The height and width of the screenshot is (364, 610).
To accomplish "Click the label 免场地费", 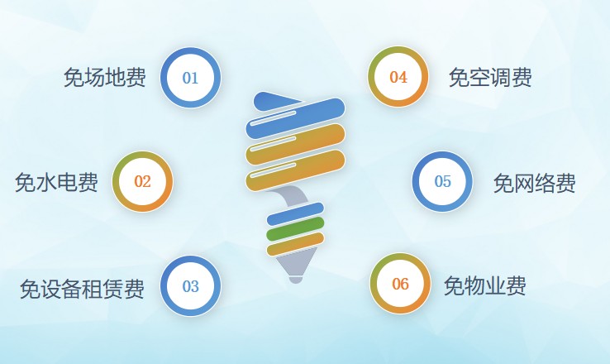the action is [105, 77].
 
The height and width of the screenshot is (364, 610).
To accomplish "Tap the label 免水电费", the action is [56, 182].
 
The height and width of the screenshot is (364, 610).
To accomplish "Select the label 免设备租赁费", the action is [82, 289].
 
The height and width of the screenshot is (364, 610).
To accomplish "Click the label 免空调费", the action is [490, 77].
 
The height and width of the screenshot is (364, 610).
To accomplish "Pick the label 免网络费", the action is [535, 183].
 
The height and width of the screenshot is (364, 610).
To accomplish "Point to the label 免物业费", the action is [485, 286].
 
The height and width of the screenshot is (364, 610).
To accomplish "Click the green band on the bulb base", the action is [295, 229].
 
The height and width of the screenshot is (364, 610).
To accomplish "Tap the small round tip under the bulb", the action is [295, 279].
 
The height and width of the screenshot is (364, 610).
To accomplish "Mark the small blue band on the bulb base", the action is [295, 213].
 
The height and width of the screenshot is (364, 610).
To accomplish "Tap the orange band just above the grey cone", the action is [296, 244].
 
